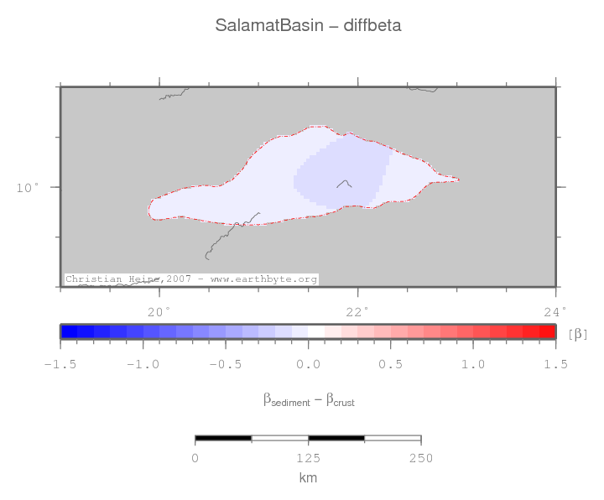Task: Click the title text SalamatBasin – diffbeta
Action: pyautogui.click(x=308, y=25)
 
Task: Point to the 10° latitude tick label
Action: pyautogui.click(x=29, y=187)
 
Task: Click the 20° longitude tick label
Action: pyautogui.click(x=159, y=312)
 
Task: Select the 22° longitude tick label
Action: pyautogui.click(x=357, y=312)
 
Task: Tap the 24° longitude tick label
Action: pyautogui.click(x=555, y=312)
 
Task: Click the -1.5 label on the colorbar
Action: pyautogui.click(x=60, y=364)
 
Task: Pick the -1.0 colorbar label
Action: pyautogui.click(x=143, y=364)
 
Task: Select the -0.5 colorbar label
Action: pyautogui.click(x=226, y=364)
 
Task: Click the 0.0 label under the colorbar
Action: pyautogui.click(x=308, y=364)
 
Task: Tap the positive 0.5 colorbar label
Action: pyautogui.click(x=390, y=364)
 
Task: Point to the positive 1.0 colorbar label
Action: pyautogui.click(x=473, y=364)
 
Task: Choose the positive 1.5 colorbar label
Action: pyautogui.click(x=555, y=364)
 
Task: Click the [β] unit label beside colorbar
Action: pyautogui.click(x=578, y=333)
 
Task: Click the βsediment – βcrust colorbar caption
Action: pyautogui.click(x=308, y=401)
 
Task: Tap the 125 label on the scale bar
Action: pyautogui.click(x=308, y=458)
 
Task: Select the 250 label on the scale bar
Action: pyautogui.click(x=420, y=458)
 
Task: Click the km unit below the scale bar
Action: pyautogui.click(x=308, y=477)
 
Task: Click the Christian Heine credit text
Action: pyautogui.click(x=191, y=279)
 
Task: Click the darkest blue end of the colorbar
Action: pyautogui.click(x=69, y=331)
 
